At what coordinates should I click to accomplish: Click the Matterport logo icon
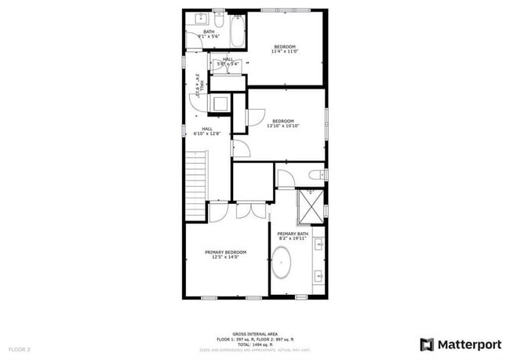(x=427, y=344)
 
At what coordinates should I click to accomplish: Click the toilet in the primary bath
(x=315, y=175)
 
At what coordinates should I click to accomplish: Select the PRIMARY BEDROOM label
(x=226, y=252)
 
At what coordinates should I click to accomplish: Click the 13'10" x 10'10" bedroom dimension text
(x=283, y=125)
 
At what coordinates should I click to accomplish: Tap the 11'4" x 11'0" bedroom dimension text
(x=285, y=52)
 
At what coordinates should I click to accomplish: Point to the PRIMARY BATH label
(x=293, y=234)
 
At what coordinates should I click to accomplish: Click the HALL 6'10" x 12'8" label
(x=207, y=132)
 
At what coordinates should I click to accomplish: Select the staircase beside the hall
(x=196, y=187)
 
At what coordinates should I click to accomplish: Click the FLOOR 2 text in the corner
(x=20, y=348)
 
